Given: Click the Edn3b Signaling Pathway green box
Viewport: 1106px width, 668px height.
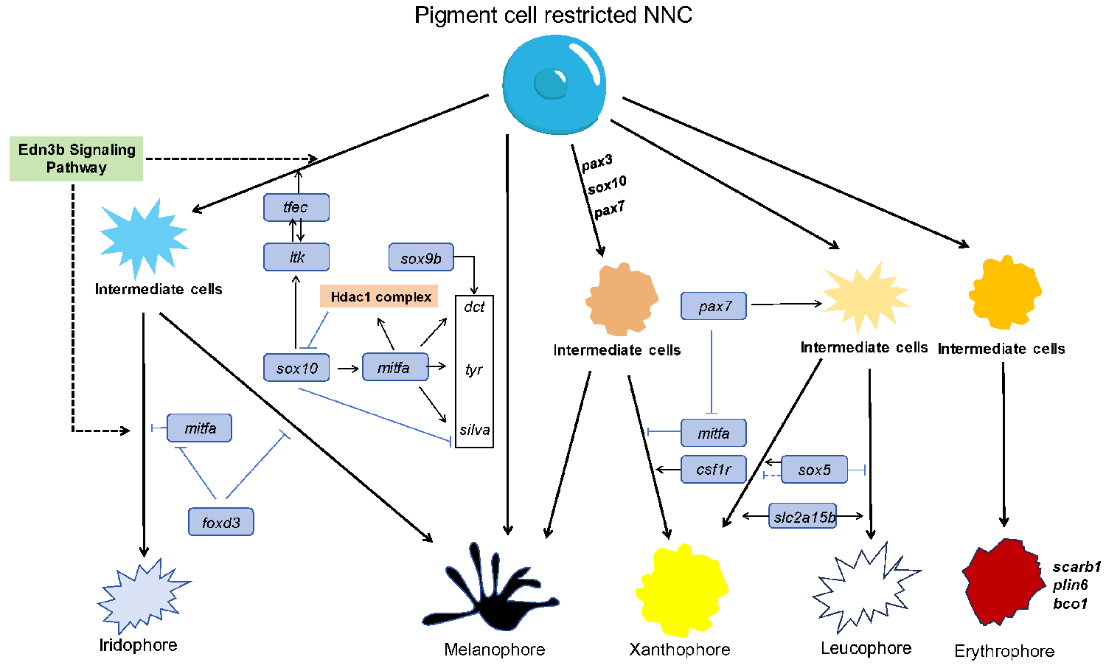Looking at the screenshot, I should (76, 159).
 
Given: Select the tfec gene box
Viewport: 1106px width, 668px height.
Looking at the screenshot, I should (296, 207).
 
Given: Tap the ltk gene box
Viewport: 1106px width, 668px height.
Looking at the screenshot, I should (296, 257).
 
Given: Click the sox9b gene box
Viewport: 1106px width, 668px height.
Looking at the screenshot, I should (421, 258).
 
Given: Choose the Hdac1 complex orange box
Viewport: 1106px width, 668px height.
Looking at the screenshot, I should (379, 296).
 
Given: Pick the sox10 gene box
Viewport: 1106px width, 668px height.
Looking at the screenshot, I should (296, 368).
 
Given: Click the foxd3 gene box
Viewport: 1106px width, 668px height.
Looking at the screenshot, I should (221, 522).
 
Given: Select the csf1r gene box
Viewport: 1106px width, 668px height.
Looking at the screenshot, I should (713, 469).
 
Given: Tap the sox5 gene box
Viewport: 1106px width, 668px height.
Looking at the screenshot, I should (814, 470).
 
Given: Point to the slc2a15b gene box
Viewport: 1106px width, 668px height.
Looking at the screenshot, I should (803, 517).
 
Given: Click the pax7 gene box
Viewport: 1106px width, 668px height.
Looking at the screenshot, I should (714, 306).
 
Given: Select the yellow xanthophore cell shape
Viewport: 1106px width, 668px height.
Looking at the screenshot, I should (681, 590).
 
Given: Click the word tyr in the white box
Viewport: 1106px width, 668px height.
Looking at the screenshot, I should (474, 369).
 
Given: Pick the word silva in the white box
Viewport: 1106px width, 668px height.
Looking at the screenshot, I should (474, 430).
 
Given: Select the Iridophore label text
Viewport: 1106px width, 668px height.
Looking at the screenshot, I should (139, 645).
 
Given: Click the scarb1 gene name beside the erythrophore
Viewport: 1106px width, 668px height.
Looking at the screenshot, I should (1077, 567).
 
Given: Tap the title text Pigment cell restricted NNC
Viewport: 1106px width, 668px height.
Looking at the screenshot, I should (553, 15).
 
